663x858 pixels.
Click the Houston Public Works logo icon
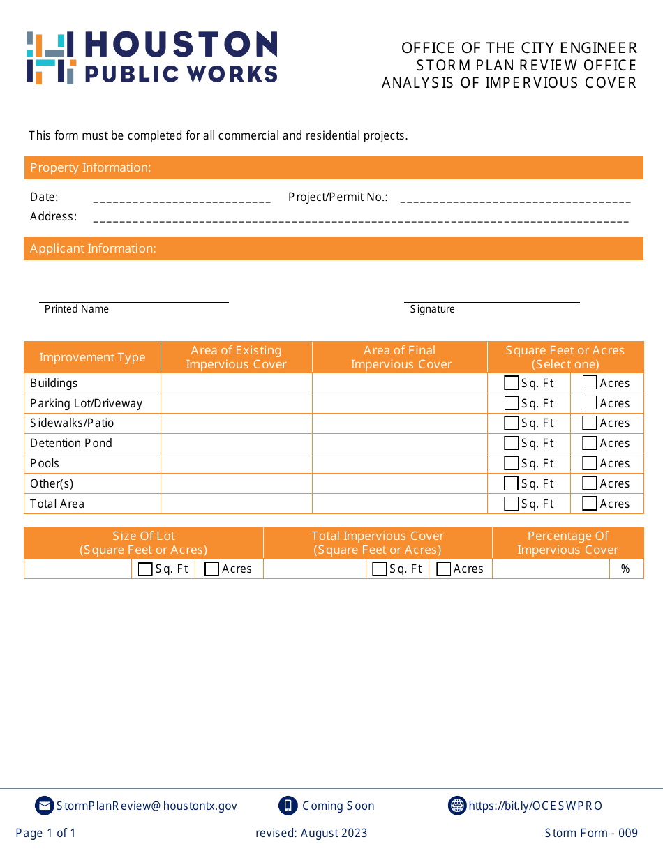click(50, 58)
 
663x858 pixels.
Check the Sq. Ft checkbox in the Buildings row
click(511, 383)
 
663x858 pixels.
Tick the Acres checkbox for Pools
click(590, 463)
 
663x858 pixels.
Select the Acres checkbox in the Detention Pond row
click(590, 443)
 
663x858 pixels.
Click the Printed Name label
click(77, 309)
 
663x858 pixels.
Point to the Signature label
click(432, 309)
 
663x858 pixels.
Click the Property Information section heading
click(91, 167)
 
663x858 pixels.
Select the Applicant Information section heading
click(93, 248)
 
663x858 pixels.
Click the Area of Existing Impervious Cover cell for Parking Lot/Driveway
click(236, 403)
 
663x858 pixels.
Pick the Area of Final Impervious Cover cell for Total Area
click(399, 504)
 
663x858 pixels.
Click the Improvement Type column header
click(92, 357)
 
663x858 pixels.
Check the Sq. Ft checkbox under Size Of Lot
click(145, 569)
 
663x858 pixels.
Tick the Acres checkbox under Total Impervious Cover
click(443, 569)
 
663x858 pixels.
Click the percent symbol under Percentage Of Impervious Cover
click(625, 569)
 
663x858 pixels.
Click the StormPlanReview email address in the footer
click(147, 806)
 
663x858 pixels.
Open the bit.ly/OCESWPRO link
click(535, 806)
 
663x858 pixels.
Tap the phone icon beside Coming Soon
click(288, 806)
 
